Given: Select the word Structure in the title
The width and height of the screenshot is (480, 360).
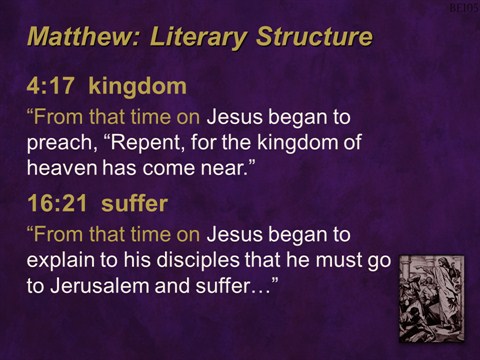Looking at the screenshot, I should pos(310,38).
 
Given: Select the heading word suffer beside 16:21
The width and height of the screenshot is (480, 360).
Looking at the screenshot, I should pos(139,205).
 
